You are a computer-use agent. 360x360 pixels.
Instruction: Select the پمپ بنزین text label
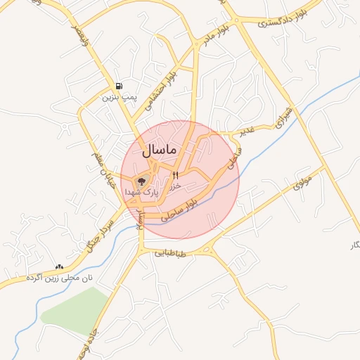(x=118, y=97)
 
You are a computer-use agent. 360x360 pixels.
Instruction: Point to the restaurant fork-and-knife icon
(x=175, y=174)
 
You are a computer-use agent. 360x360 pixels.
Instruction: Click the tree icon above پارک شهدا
(x=141, y=181)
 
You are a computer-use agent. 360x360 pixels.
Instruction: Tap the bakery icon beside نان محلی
(x=58, y=267)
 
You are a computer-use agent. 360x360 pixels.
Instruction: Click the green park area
(x=74, y=309)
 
